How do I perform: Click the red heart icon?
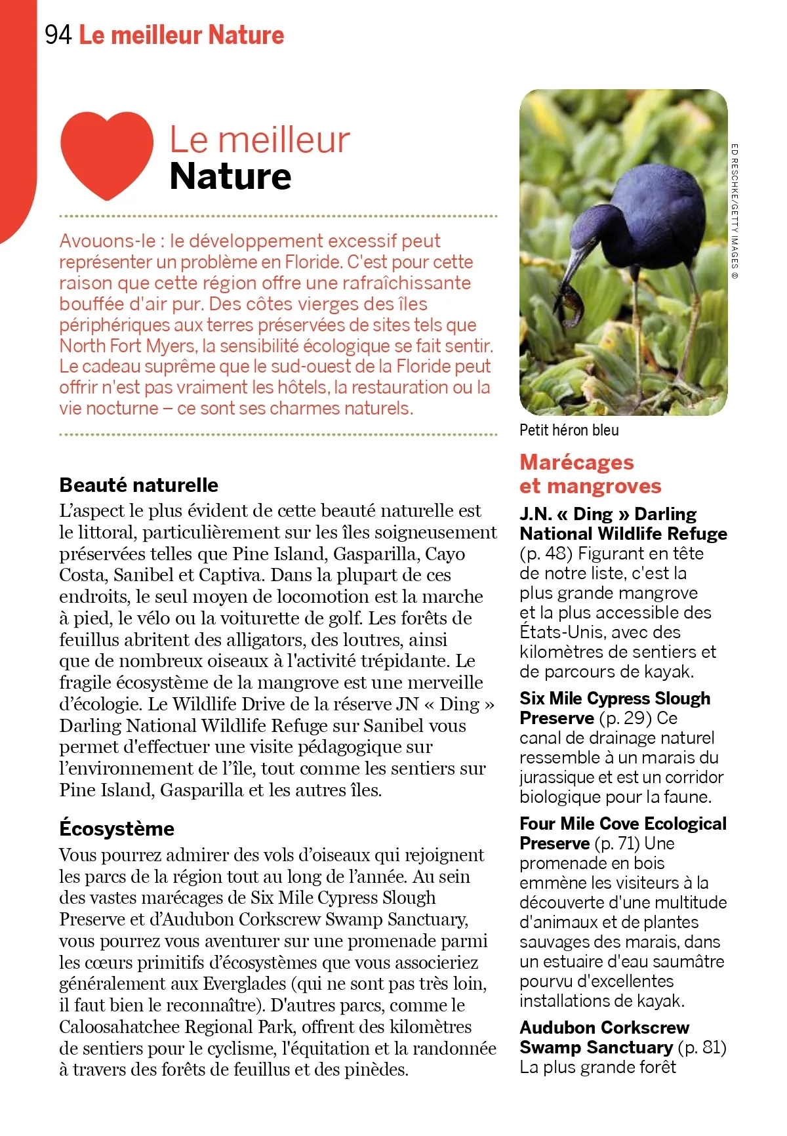[107, 154]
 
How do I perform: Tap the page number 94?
[58, 35]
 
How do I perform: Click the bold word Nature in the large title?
[230, 176]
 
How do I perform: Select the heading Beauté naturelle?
[138, 485]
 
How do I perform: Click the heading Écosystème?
[117, 828]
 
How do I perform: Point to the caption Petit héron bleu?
[569, 430]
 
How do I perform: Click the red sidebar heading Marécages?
[576, 462]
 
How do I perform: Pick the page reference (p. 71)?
[617, 843]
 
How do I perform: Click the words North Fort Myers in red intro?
[127, 346]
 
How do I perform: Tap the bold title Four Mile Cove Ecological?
[622, 824]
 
